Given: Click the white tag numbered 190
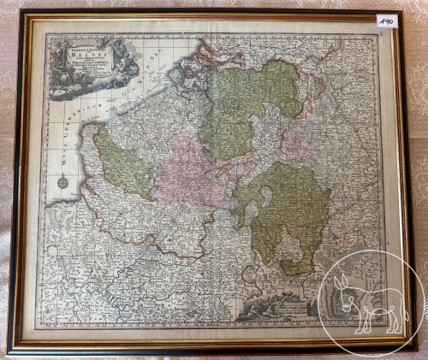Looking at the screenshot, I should [x=386, y=20].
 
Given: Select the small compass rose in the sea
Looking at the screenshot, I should [x=62, y=180].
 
